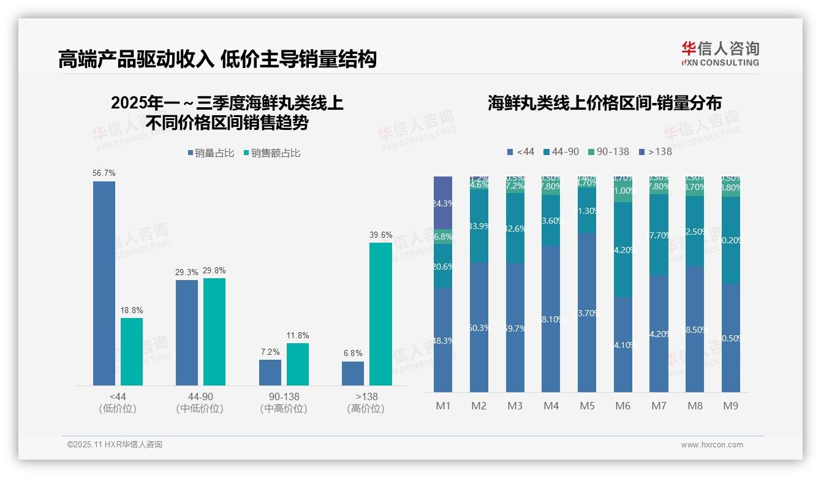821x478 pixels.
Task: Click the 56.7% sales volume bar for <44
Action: [104, 283]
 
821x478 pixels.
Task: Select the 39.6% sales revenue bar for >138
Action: [380, 314]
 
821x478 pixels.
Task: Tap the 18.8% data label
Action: [132, 311]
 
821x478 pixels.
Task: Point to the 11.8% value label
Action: [298, 336]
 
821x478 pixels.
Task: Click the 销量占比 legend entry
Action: [211, 153]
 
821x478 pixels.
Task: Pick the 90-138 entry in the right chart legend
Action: [608, 151]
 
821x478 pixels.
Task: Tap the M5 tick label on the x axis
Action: [587, 406]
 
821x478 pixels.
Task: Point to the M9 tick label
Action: [730, 406]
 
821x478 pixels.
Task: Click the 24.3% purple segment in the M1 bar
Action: [443, 203]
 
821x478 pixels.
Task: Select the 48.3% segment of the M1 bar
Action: [443, 340]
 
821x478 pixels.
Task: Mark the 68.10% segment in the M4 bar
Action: [551, 319]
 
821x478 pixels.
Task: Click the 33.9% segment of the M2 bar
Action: [479, 226]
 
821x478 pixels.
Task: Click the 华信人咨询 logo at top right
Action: [720, 53]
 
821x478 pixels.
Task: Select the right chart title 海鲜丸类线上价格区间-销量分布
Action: [604, 103]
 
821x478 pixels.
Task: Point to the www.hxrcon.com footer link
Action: [712, 445]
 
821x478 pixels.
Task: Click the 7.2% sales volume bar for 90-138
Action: [270, 373]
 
